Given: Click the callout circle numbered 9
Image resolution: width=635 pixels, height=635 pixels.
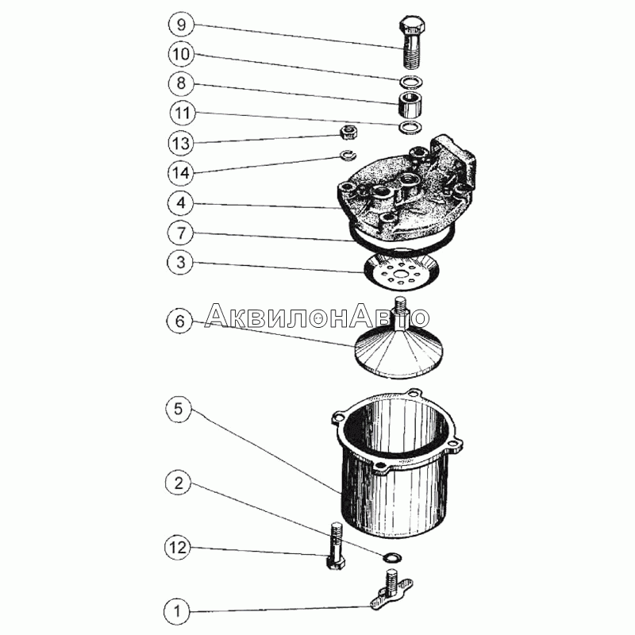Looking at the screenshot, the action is point(181,25).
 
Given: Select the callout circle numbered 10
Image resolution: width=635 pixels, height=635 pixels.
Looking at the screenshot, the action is point(181,54).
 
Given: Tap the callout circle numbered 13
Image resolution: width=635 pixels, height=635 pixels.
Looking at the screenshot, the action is point(181,143).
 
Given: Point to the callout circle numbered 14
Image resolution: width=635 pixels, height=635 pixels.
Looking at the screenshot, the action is point(181,173).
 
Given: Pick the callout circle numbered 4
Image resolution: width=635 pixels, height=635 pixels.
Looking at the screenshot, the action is point(181,202).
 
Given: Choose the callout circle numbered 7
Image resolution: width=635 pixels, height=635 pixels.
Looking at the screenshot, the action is point(181,233).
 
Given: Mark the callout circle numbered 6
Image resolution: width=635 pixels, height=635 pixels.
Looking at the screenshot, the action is point(180,321).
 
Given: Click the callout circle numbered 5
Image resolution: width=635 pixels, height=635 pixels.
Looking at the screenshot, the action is point(179,409).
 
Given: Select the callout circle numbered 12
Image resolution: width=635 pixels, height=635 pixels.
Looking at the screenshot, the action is point(177,548).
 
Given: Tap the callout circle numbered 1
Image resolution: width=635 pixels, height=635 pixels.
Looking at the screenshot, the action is point(176,611).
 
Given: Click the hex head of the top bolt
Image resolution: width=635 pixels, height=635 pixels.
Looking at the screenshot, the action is point(412,26).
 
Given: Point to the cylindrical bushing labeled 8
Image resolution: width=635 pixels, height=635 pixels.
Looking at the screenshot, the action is point(409,105).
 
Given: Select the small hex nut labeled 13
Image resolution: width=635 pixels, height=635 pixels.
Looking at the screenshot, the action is point(348,132).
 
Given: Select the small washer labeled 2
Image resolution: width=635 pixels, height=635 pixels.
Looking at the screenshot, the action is point(392,557).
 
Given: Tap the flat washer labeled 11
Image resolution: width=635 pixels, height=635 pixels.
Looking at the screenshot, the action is point(410,127).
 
